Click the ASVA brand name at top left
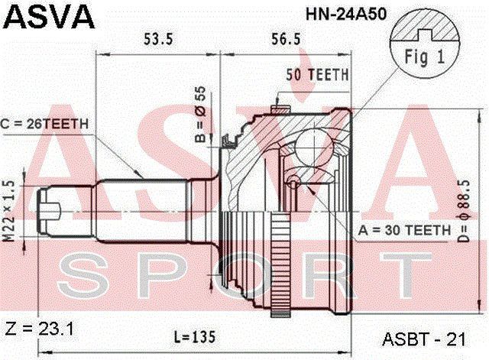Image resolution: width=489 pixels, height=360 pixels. [x=49, y=17]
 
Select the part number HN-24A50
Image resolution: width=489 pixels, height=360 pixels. [x=346, y=14]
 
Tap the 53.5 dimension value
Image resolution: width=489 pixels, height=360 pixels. [x=158, y=40]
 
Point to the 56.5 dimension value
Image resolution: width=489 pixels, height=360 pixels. [x=286, y=40]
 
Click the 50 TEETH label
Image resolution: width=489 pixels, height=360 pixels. [x=318, y=75]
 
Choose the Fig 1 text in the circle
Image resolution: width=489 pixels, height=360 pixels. [x=425, y=57]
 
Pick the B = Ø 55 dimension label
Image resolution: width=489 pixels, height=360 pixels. [x=200, y=114]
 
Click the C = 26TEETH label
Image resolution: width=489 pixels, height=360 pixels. [x=45, y=124]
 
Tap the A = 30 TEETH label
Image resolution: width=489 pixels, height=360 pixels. [x=404, y=230]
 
